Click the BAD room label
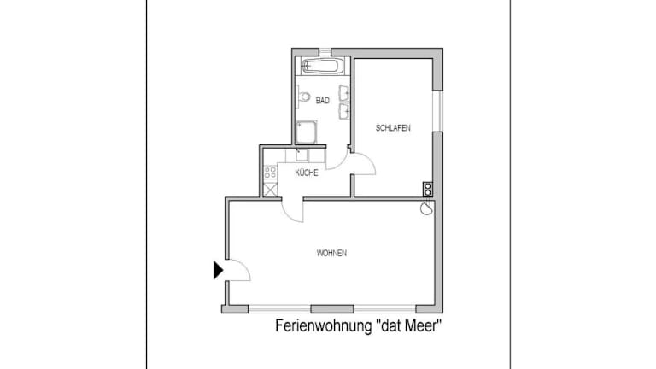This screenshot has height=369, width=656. click(323, 101)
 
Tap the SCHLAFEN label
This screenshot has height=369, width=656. click(393, 128)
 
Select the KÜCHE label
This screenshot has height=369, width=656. click(307, 173)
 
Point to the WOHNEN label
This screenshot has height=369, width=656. click(331, 253)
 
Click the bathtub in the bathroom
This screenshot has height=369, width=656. click(323, 66)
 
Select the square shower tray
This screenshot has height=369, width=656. click(307, 132)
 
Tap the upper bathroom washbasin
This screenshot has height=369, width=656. click(344, 93)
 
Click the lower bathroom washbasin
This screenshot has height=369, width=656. click(344, 111)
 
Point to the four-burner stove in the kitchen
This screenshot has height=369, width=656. click(270, 172)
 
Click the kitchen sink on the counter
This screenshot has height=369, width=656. click(302, 155)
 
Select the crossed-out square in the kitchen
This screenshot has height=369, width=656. click(270, 190)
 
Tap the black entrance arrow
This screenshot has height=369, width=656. click(219, 270)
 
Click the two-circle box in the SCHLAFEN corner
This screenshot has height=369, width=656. click(427, 190)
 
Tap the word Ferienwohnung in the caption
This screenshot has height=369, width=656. click(323, 325)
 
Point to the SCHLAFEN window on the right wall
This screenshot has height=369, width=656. click(437, 111)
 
